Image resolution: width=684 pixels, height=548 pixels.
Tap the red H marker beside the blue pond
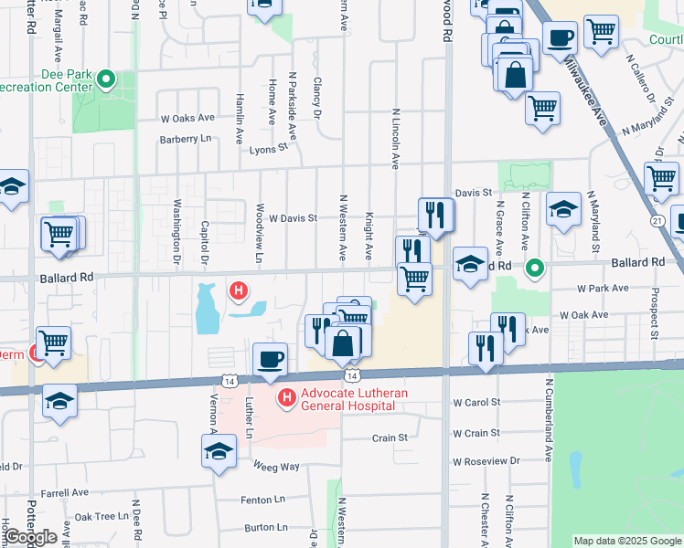point(239,291)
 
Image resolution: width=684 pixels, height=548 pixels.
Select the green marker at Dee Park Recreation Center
point(106,79)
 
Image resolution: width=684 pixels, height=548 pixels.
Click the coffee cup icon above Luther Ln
point(269,358)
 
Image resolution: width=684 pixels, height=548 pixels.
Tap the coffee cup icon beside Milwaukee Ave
point(560,37)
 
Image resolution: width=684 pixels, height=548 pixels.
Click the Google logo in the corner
point(29,537)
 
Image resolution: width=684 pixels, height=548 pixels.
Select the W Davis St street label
point(292,218)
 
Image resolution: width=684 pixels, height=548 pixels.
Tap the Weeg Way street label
point(277,467)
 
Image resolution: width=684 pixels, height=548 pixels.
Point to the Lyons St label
point(268,145)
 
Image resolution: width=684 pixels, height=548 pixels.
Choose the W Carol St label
point(476,402)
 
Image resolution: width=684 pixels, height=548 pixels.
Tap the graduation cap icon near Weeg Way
point(219,450)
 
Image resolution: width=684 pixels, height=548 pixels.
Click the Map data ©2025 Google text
point(627,541)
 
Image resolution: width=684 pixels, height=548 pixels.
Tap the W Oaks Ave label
point(187,118)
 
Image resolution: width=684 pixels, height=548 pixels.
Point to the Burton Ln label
point(266,527)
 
